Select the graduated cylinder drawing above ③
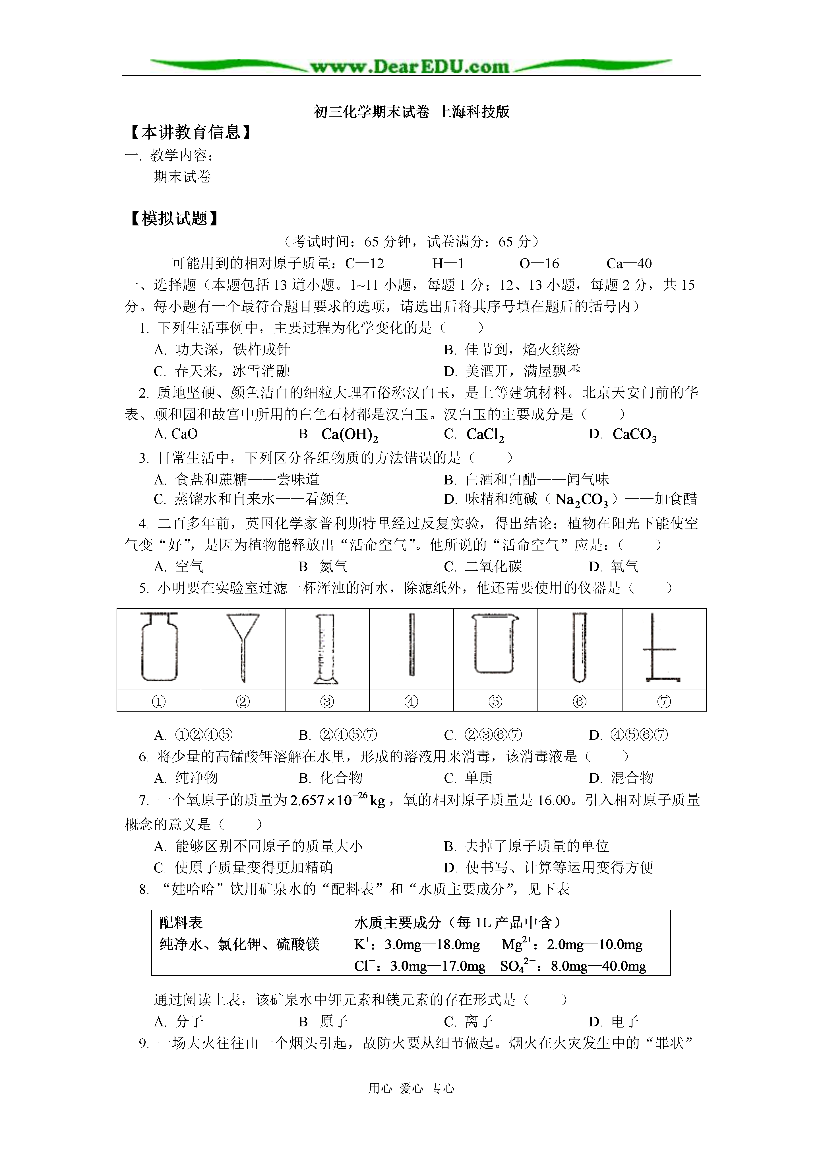point(326,648)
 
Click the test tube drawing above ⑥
point(579,647)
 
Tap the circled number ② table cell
point(243,702)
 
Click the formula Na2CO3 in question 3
point(581,500)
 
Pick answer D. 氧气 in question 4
point(614,566)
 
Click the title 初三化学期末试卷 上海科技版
point(412,112)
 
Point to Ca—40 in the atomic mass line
point(629,263)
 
